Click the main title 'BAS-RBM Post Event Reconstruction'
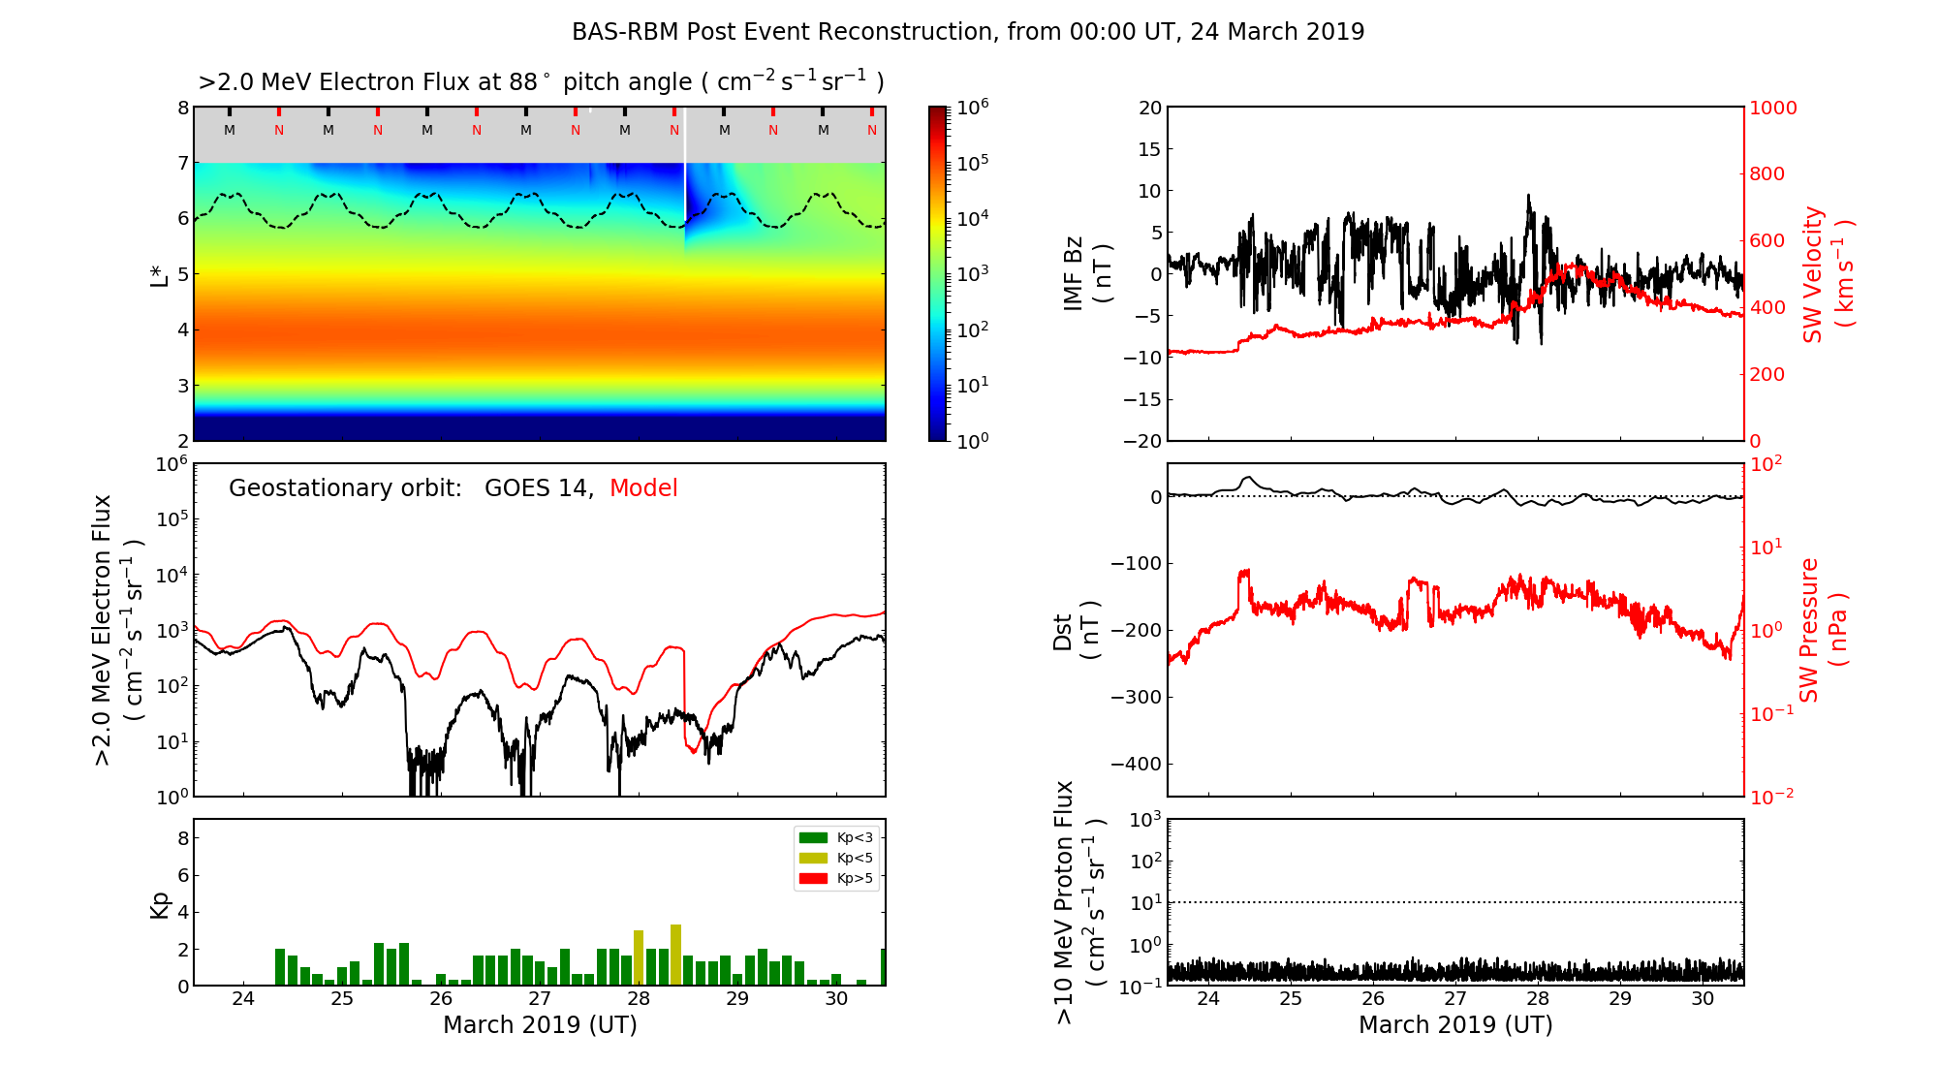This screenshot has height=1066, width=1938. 967,32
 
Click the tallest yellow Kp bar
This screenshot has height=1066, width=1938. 675,955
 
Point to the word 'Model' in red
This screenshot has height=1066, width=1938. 643,488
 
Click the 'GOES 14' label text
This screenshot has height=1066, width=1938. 538,488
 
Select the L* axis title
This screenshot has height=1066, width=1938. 160,273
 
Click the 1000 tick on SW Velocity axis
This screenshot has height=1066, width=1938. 1772,108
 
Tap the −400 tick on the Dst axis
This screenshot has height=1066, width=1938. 1136,764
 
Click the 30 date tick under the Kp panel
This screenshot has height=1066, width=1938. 836,999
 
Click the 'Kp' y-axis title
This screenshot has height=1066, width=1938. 160,904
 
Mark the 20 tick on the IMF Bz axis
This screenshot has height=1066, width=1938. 1149,108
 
